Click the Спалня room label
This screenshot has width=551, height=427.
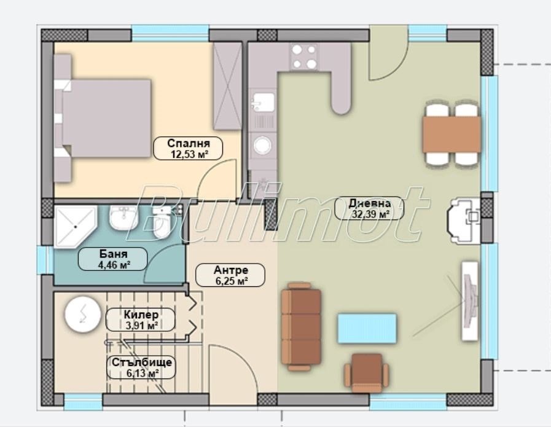[188, 148]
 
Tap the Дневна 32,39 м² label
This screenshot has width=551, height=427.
[369, 208]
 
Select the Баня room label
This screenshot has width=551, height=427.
[112, 259]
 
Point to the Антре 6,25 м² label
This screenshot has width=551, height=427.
[230, 275]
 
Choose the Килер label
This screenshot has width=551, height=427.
[141, 319]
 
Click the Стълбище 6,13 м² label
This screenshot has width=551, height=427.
[141, 367]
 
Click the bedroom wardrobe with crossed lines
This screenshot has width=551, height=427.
[228, 86]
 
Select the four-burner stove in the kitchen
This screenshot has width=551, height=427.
[304, 57]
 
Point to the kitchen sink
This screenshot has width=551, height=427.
[262, 102]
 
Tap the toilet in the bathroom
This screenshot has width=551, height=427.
[162, 223]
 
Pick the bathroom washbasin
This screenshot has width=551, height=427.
[123, 217]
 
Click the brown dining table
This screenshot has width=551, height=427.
[452, 135]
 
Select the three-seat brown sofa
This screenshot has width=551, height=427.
[301, 326]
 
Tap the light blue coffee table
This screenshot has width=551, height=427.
[367, 329]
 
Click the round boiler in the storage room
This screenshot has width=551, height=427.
[83, 314]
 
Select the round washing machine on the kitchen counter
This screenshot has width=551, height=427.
[263, 145]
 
